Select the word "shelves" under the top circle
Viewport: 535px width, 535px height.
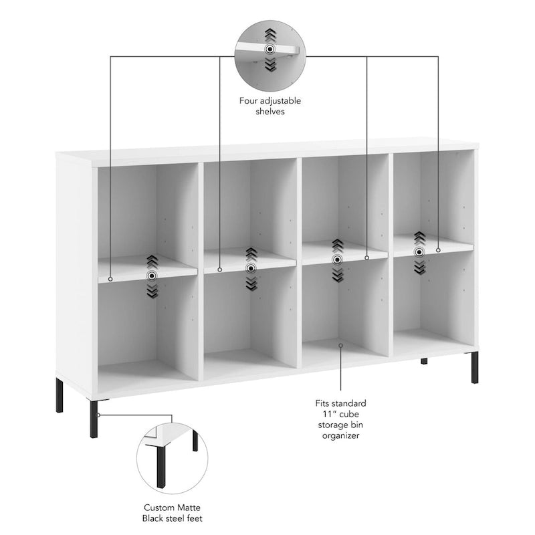[x=270, y=112]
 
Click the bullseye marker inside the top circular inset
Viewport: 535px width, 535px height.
[x=270, y=49]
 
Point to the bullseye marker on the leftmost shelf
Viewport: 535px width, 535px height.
[x=152, y=276]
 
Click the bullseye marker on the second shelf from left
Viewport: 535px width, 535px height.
[x=251, y=269]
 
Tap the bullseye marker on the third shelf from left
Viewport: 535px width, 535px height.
[x=338, y=259]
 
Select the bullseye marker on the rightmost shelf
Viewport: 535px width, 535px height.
[x=419, y=252]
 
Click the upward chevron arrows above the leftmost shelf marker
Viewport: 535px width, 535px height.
[x=152, y=262]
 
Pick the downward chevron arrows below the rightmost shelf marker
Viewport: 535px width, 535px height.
[x=419, y=266]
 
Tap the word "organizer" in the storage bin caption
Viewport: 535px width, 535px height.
[x=340, y=436]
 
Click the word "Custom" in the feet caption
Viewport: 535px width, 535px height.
[x=157, y=508]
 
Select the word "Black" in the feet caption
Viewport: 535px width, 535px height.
[x=152, y=518]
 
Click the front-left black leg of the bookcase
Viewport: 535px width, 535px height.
[x=94, y=419]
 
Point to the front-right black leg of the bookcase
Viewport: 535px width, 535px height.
[x=475, y=367]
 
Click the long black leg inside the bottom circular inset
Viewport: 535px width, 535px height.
[x=161, y=466]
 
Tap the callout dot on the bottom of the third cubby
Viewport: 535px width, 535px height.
[x=340, y=345]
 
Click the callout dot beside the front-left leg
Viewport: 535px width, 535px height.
[x=98, y=415]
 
